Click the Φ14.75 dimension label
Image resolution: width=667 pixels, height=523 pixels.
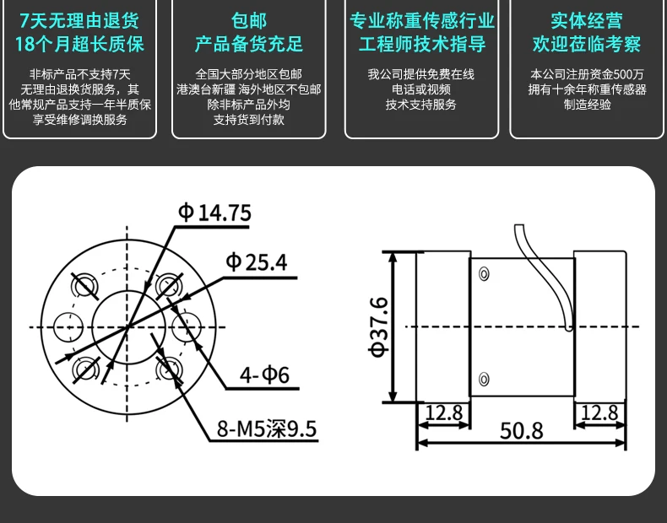[214, 213]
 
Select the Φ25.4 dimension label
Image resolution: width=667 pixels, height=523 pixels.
[256, 262]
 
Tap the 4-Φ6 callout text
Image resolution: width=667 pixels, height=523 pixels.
[264, 375]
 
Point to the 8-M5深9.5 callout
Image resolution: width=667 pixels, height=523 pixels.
[267, 430]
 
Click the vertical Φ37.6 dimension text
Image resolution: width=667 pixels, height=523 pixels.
[378, 326]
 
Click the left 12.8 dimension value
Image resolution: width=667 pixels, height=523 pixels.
[443, 412]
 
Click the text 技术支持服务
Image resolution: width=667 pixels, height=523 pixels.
[421, 105]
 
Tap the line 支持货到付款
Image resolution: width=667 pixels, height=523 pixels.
[249, 120]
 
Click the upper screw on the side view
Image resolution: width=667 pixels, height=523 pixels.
[484, 273]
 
